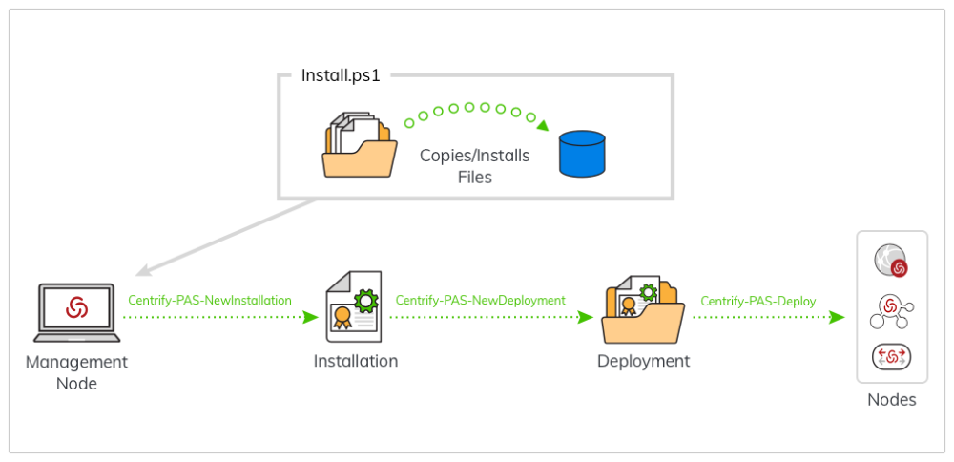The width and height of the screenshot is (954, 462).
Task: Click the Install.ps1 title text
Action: pyautogui.click(x=341, y=75)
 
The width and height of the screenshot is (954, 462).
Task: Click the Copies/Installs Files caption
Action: pyautogui.click(x=474, y=165)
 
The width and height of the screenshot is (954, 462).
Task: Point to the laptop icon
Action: pyautogui.click(x=76, y=312)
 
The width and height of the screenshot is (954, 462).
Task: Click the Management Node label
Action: pyautogui.click(x=76, y=372)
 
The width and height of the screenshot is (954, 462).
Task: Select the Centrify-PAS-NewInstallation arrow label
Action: pyautogui.click(x=210, y=300)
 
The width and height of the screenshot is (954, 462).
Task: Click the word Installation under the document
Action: pyautogui.click(x=356, y=361)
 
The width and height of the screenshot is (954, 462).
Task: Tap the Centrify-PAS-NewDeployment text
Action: pyautogui.click(x=480, y=300)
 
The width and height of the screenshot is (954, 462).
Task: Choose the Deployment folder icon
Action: pyautogui.click(x=642, y=309)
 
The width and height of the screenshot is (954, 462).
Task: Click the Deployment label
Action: pyautogui.click(x=643, y=361)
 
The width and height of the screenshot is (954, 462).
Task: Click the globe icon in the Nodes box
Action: pyautogui.click(x=891, y=262)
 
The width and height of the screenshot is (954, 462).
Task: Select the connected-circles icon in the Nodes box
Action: pyautogui.click(x=891, y=308)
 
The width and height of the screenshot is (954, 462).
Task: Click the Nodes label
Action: pyautogui.click(x=891, y=400)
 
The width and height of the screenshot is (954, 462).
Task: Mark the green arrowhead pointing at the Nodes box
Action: pyautogui.click(x=837, y=317)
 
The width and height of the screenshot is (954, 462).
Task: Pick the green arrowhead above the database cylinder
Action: pyautogui.click(x=542, y=125)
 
